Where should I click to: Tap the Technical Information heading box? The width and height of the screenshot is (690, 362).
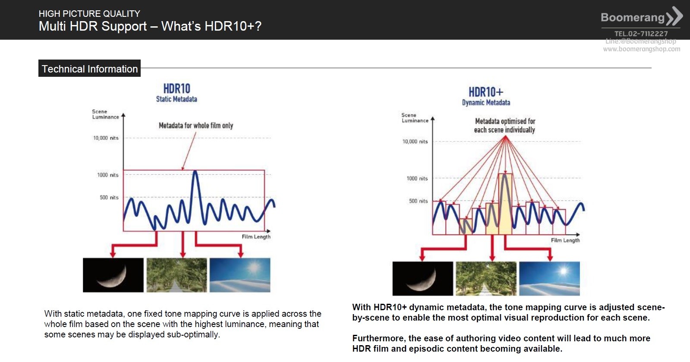point(89,69)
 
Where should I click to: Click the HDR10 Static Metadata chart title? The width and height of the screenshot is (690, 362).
point(176,92)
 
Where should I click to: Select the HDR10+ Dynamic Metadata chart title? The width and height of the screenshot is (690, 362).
point(486,96)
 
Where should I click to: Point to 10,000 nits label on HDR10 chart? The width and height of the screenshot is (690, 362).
point(106,138)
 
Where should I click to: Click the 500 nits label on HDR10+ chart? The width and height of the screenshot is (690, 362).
point(418,201)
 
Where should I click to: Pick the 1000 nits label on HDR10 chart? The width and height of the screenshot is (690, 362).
point(108,175)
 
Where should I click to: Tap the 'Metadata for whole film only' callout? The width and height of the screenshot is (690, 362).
point(196,126)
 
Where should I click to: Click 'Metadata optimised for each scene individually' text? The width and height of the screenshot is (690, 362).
point(504,126)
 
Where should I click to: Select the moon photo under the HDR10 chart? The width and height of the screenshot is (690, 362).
point(113,275)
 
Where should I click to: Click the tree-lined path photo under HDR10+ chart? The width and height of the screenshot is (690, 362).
point(486,279)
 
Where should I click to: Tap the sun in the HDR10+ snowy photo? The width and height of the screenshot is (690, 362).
point(564,271)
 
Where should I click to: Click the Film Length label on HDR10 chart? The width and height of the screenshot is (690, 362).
point(256,236)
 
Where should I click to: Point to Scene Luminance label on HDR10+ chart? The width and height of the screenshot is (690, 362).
point(415,118)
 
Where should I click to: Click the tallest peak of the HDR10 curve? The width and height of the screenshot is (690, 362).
point(195,172)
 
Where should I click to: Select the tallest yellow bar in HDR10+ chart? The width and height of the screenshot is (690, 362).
point(505,204)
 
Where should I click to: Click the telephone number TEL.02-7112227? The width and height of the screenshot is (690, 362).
point(641,34)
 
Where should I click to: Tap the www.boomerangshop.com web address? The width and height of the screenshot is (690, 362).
point(642,49)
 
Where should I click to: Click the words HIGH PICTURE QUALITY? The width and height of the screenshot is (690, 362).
point(89,13)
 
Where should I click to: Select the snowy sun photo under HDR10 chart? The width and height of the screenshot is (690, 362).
point(240,275)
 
